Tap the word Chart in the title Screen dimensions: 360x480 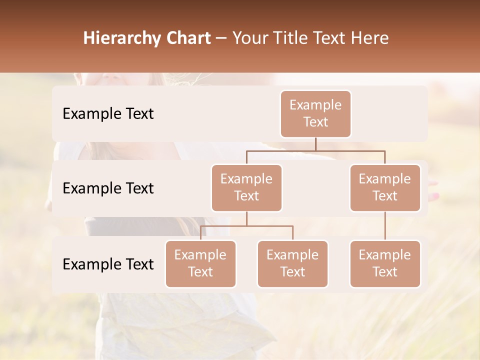point(187,38)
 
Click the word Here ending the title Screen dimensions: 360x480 point(370,38)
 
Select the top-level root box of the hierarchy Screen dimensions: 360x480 point(315,113)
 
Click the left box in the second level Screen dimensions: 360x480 point(246,187)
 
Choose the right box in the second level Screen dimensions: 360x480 point(385,187)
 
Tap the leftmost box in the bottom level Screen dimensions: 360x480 point(200,263)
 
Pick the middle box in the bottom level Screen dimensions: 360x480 point(292,263)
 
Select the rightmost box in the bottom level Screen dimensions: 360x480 point(385,263)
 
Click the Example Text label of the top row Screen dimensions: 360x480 point(108,113)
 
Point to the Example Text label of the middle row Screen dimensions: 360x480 point(108,188)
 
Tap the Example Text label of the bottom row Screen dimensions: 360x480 point(108,264)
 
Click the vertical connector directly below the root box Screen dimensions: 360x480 point(315,144)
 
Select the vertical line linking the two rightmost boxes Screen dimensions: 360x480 point(385,226)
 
